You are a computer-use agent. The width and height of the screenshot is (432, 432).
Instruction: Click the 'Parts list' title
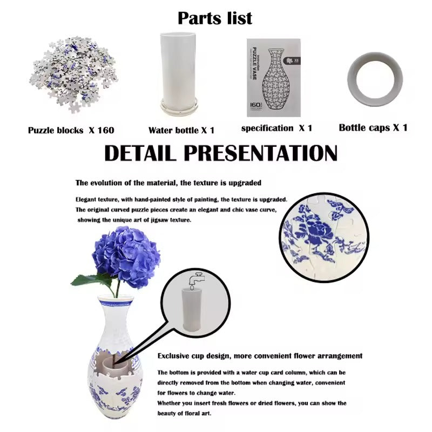pos(215,18)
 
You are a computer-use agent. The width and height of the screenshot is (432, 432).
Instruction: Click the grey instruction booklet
pos(273,77)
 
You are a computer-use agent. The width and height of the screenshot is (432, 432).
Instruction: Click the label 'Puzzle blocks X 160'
pos(71,130)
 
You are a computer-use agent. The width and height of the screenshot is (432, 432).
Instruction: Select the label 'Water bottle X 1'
pos(181,130)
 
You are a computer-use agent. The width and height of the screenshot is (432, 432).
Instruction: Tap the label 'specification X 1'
pos(276,128)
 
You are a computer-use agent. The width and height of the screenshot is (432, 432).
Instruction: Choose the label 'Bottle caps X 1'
pos(373,128)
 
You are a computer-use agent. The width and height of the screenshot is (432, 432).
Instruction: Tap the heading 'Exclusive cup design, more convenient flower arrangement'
pos(260,356)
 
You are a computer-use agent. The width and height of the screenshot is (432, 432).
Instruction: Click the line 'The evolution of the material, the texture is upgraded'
pos(168,183)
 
